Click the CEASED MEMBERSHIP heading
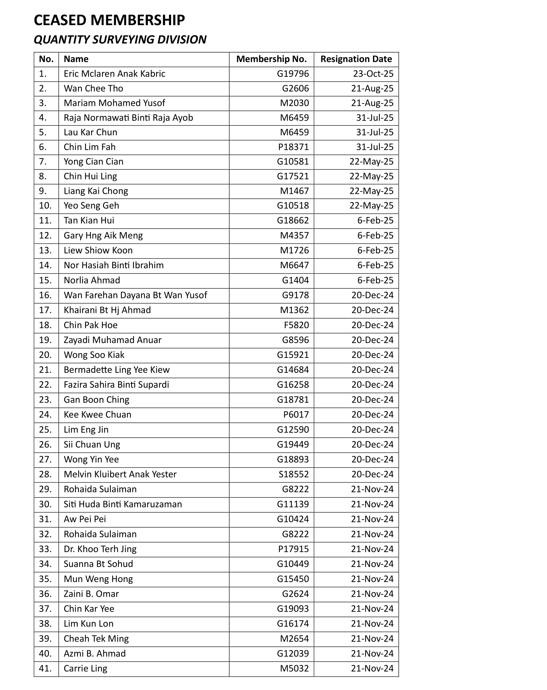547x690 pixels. [x=109, y=21]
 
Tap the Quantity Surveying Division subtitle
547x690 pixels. [x=120, y=40]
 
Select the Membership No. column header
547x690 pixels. [x=271, y=59]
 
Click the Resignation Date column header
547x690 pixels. [x=356, y=59]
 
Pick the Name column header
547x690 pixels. [x=76, y=59]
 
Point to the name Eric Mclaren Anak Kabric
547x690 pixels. [x=114, y=74]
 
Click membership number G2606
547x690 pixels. [x=295, y=89]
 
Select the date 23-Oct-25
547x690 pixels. [x=373, y=74]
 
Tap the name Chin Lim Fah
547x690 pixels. [x=89, y=147]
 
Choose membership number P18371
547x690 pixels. [x=293, y=147]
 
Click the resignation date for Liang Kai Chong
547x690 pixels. [x=371, y=191]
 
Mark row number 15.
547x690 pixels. [x=45, y=280]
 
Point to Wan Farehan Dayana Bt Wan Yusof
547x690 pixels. [x=135, y=295]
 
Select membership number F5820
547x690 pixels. [x=296, y=325]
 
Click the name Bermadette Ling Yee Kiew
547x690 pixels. [x=116, y=370]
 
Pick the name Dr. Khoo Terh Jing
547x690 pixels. [x=100, y=549]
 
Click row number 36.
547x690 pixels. [x=45, y=594]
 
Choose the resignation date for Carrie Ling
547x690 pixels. [x=372, y=668]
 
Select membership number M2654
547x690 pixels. [x=294, y=638]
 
